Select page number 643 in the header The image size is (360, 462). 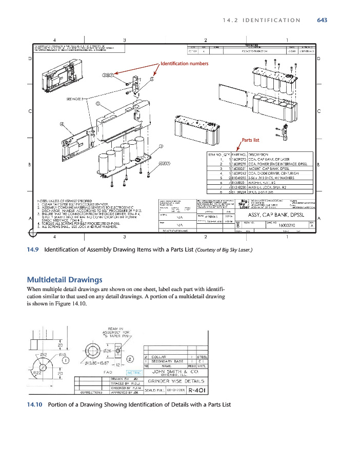pyautogui.click(x=322, y=20)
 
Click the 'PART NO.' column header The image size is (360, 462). pyautogui.click(x=239, y=154)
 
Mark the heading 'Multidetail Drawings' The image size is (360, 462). pyautogui.click(x=64, y=280)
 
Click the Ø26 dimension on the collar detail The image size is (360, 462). pyautogui.click(x=107, y=351)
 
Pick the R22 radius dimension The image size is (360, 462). pyautogui.click(x=37, y=372)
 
